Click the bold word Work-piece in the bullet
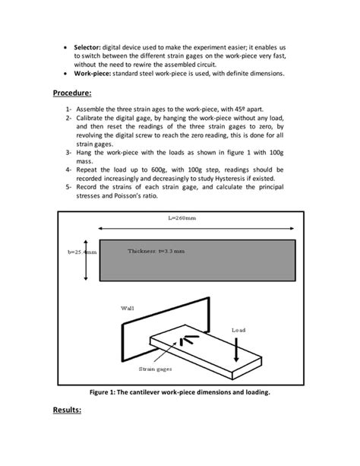94,74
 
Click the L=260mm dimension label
182,217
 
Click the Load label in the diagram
238,330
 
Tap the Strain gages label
155,369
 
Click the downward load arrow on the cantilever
238,349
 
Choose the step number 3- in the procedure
69,153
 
